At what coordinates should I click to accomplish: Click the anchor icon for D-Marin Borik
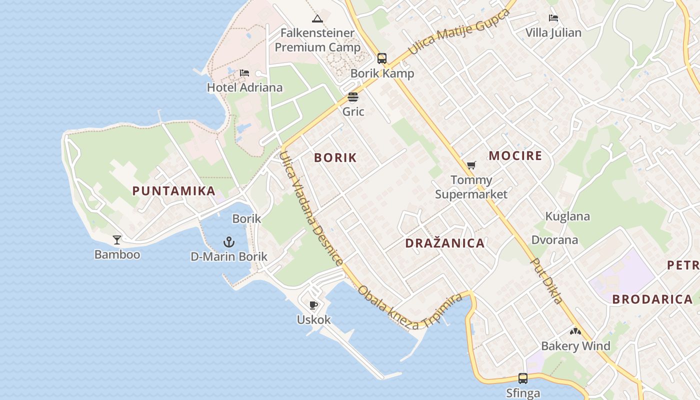pyautogui.click(x=228, y=242)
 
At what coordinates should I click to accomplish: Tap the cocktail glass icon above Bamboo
pyautogui.click(x=117, y=240)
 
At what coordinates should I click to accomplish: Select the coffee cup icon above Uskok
pyautogui.click(x=313, y=305)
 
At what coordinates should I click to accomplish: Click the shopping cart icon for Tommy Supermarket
pyautogui.click(x=471, y=165)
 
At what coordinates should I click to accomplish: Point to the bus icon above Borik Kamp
pyautogui.click(x=382, y=58)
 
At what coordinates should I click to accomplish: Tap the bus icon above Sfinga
pyautogui.click(x=523, y=378)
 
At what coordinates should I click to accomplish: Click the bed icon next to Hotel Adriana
pyautogui.click(x=244, y=73)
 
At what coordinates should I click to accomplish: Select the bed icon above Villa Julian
pyautogui.click(x=553, y=18)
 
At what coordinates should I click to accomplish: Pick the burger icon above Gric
pyautogui.click(x=353, y=97)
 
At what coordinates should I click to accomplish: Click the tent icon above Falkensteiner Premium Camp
pyautogui.click(x=317, y=19)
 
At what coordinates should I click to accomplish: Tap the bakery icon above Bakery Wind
pyautogui.click(x=575, y=331)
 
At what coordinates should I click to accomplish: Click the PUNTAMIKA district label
pyautogui.click(x=174, y=190)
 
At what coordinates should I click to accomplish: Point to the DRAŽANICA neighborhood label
pyautogui.click(x=444, y=243)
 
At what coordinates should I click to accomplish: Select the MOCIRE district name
pyautogui.click(x=515, y=155)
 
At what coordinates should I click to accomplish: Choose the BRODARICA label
pyautogui.click(x=652, y=299)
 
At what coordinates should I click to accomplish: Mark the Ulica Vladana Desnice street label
pyautogui.click(x=311, y=207)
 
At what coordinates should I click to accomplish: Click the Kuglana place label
pyautogui.click(x=567, y=216)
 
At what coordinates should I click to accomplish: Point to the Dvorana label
pyautogui.click(x=554, y=240)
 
